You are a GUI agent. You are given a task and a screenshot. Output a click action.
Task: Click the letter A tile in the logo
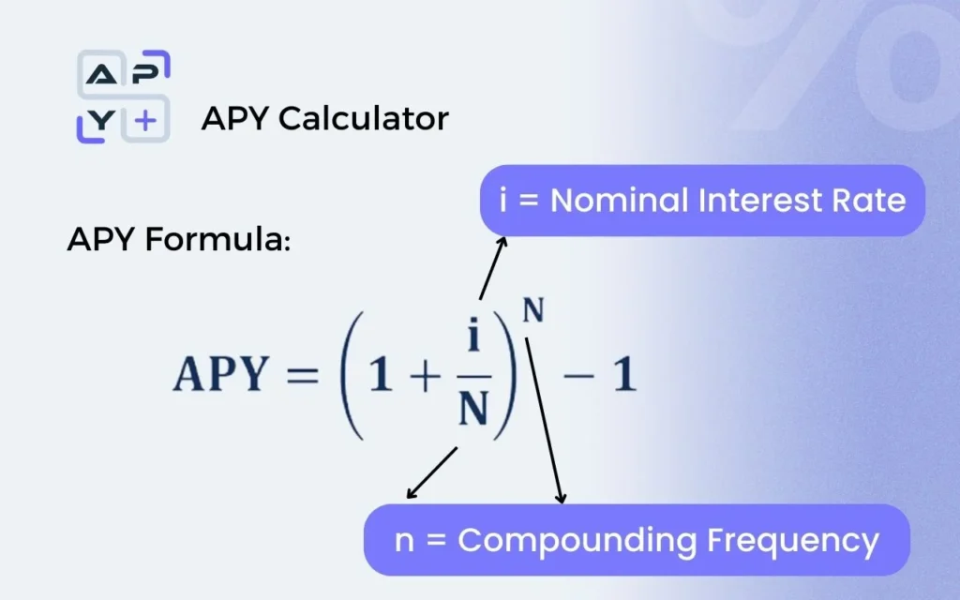101,73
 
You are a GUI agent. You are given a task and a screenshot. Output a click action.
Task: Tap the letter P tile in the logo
147,72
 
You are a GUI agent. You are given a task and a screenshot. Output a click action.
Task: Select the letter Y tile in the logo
99,121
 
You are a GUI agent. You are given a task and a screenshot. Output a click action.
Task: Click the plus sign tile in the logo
145,120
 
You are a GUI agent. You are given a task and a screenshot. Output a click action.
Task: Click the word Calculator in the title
364,118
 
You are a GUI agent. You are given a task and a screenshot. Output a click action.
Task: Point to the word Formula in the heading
217,239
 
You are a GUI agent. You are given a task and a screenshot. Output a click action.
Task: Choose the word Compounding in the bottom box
577,541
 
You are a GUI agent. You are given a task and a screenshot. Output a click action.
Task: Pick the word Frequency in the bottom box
793,541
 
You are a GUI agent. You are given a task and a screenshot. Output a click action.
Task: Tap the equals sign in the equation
303,374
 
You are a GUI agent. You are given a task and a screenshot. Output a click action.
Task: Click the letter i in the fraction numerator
473,335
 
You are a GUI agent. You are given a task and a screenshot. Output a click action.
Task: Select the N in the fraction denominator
473,409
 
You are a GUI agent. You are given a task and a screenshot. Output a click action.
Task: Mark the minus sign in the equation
577,375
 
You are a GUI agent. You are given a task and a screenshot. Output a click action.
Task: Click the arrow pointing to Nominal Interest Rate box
493,267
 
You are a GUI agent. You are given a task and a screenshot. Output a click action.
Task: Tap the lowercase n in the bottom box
403,541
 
